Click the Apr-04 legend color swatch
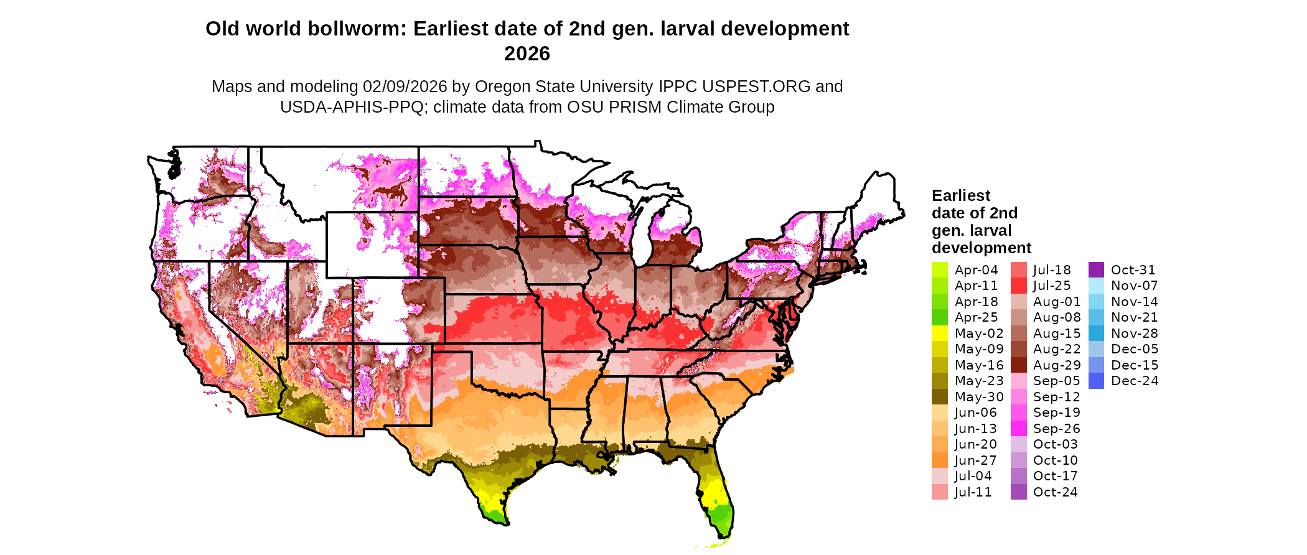click(x=939, y=270)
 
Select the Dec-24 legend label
click(x=1135, y=381)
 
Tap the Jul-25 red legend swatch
click(x=1018, y=286)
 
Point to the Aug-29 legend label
click(x=1057, y=365)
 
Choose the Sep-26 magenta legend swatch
click(x=1018, y=429)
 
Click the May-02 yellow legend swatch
click(x=939, y=333)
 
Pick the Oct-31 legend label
click(x=1133, y=270)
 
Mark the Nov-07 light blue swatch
click(x=1097, y=286)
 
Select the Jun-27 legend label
click(x=975, y=460)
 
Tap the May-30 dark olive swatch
click(x=939, y=397)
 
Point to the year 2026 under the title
click(x=527, y=54)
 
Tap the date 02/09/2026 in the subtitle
click(x=405, y=86)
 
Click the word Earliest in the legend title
click(x=960, y=196)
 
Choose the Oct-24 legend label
click(x=1055, y=492)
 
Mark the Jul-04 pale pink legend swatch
click(x=939, y=476)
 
